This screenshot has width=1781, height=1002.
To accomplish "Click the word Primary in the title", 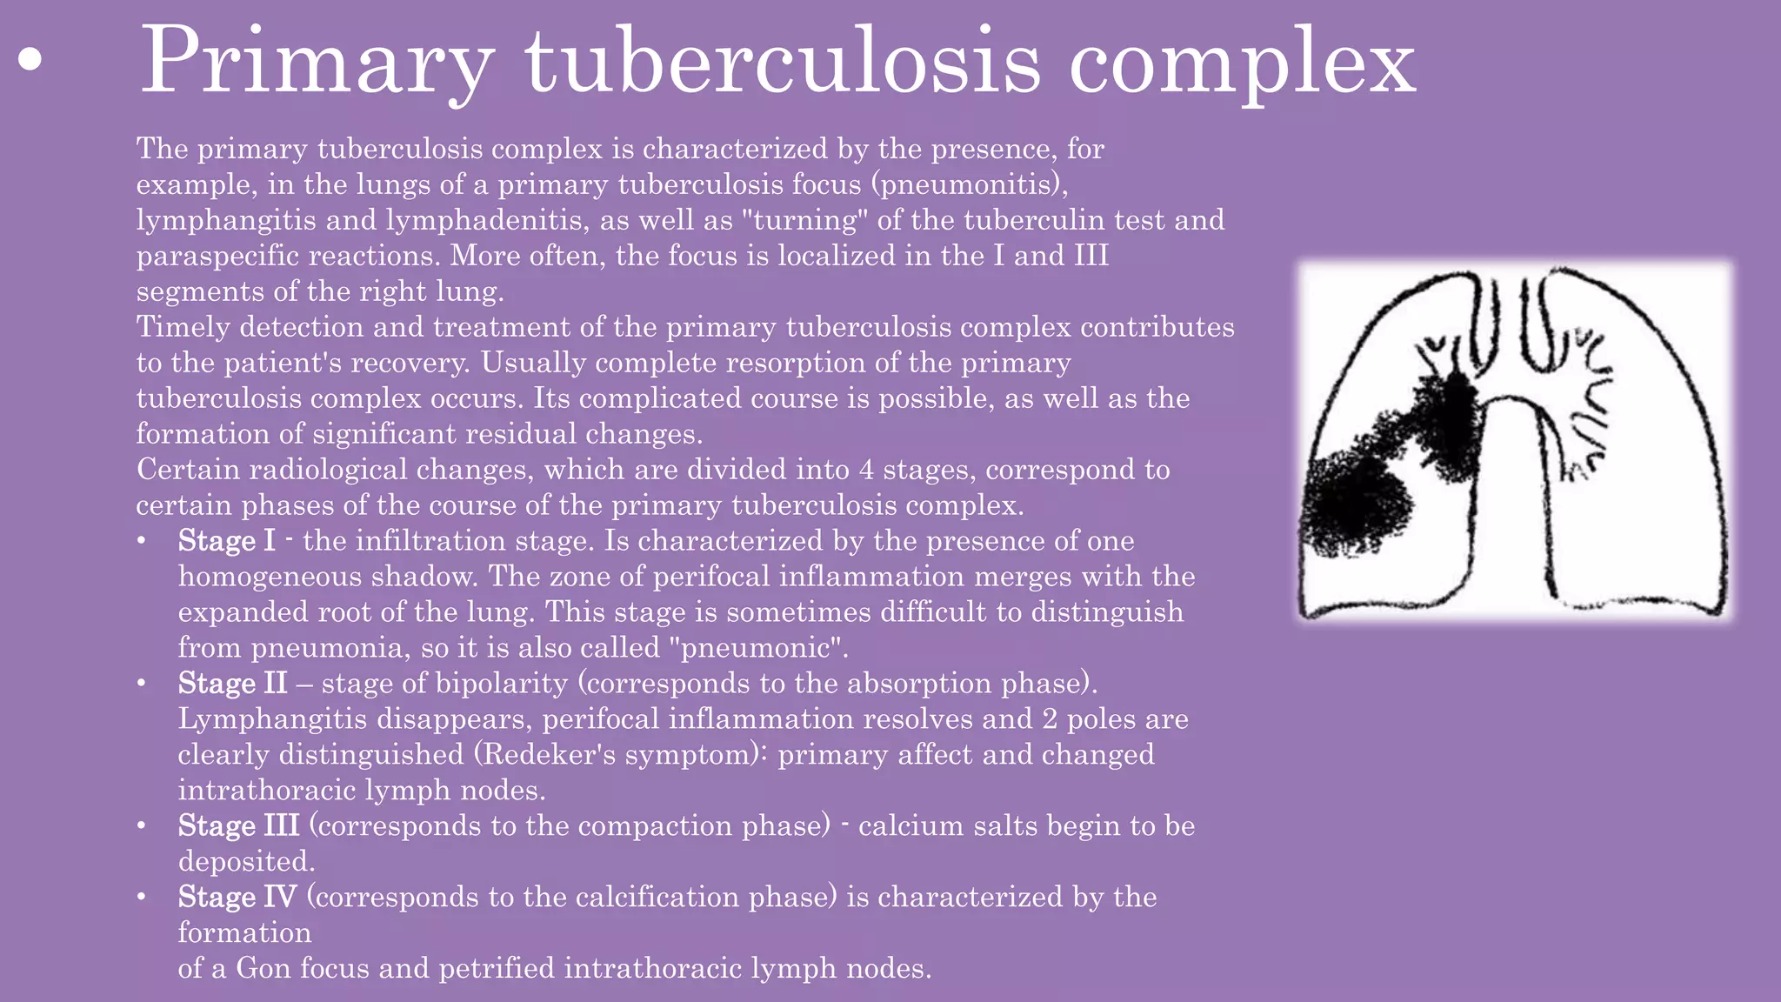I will point(316,63).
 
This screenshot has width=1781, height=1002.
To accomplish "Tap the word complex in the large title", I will point(1242,63).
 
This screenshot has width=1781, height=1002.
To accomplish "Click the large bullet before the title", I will point(30,61).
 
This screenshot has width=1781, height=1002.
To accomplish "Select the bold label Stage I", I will point(226,541).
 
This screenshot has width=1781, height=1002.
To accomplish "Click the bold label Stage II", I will point(232,684).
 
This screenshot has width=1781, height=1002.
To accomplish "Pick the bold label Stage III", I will point(238,825).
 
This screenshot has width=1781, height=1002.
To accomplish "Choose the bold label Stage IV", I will point(237,897).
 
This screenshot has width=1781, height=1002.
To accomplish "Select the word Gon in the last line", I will point(263,968).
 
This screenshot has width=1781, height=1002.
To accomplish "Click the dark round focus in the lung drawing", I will point(1353,504).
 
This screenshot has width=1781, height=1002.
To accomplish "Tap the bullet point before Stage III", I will point(142,825).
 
